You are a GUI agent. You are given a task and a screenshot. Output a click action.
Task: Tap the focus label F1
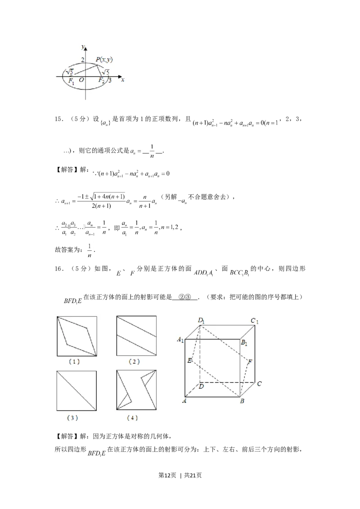click(71, 81)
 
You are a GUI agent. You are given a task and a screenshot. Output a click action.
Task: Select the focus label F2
click(102, 81)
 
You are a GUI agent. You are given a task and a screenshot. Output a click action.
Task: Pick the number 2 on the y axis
click(83, 60)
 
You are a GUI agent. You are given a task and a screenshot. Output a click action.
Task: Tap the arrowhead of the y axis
click(85, 47)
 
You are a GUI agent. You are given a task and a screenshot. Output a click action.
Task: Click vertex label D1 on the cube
click(201, 320)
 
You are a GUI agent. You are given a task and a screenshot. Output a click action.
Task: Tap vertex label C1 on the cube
click(254, 321)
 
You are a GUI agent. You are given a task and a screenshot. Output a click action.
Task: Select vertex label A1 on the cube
click(181, 340)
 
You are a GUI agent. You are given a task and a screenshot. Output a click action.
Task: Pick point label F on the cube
click(250, 361)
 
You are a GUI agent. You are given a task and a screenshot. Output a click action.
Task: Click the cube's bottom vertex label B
click(242, 401)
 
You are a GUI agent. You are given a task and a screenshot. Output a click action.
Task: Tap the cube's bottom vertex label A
click(184, 401)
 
